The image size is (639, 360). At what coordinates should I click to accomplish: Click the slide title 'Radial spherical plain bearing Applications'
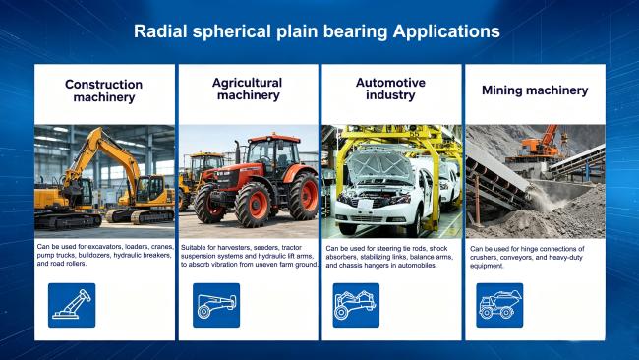(317, 31)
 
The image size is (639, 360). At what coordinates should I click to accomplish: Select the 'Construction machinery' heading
(103, 90)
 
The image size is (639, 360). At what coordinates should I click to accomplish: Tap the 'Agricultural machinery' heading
(248, 89)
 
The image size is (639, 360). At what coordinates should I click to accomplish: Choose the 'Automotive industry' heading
(390, 89)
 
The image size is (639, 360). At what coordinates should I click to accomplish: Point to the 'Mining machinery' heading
(535, 90)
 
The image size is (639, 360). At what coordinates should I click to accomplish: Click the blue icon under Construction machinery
(72, 305)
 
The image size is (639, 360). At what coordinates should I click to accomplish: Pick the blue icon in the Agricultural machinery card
(216, 305)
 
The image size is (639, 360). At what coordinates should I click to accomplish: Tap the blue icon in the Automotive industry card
(356, 305)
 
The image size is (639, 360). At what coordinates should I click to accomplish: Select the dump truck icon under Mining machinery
(499, 305)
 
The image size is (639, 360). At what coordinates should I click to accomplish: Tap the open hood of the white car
(379, 165)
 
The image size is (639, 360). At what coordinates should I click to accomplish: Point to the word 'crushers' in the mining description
(482, 258)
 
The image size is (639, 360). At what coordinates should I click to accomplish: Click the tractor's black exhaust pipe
(238, 151)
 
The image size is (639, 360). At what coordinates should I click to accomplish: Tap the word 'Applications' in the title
(446, 31)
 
